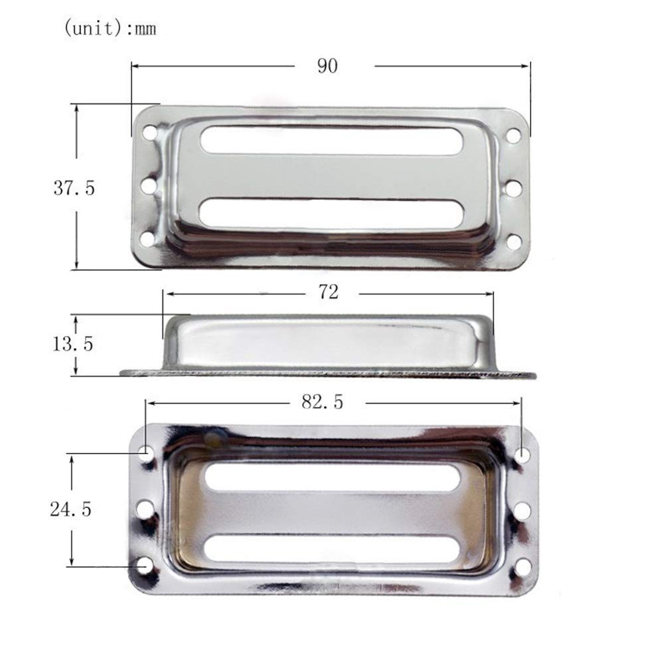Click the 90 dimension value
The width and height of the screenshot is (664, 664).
pyautogui.click(x=327, y=67)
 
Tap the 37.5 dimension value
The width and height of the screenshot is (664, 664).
pyautogui.click(x=74, y=188)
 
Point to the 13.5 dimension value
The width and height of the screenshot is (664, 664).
pyautogui.click(x=74, y=344)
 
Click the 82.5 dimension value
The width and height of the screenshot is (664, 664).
pyautogui.click(x=323, y=402)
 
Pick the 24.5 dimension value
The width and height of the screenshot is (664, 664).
pyautogui.click(x=70, y=509)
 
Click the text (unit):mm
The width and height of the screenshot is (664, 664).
pyautogui.click(x=110, y=30)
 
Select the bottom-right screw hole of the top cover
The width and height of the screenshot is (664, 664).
pyautogui.click(x=513, y=241)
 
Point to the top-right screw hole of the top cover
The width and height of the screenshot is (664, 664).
pyautogui.click(x=513, y=135)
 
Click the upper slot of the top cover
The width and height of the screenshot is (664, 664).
pyautogui.click(x=331, y=140)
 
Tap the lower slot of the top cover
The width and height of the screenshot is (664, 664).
pyautogui.click(x=331, y=214)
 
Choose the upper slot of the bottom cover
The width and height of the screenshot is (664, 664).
pyautogui.click(x=333, y=478)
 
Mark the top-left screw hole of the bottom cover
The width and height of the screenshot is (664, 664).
pyautogui.click(x=145, y=454)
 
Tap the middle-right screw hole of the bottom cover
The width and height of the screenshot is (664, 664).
pyautogui.click(x=523, y=511)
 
